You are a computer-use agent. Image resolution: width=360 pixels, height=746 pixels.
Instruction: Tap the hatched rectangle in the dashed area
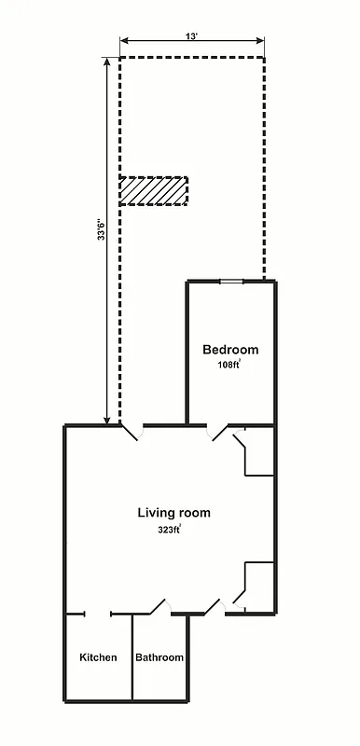[x=153, y=191]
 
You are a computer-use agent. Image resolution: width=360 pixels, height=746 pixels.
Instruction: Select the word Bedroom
[x=230, y=350]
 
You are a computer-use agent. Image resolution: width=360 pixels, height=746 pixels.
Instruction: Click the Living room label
[x=173, y=512]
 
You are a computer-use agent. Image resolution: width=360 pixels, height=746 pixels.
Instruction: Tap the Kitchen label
[x=98, y=657]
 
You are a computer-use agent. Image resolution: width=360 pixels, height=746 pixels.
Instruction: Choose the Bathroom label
[x=159, y=657]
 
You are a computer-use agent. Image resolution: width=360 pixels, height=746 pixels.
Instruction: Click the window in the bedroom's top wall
[x=232, y=281]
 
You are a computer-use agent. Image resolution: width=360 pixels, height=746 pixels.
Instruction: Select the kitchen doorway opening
[x=98, y=614]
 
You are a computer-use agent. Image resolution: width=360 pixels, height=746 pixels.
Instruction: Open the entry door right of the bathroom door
[x=214, y=607]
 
